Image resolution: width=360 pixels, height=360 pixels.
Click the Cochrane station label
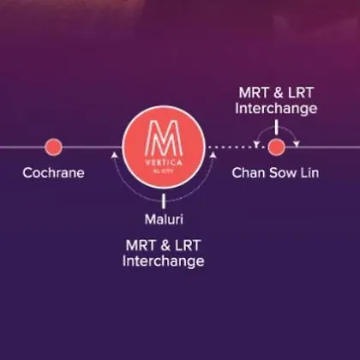point(53,173)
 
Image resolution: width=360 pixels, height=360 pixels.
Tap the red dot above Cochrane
point(53,147)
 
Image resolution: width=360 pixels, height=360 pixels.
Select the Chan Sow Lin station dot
point(276,147)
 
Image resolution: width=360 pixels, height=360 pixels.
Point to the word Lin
point(309,173)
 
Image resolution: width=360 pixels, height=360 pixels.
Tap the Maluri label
point(164,219)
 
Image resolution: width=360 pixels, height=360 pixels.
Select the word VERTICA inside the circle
point(164,163)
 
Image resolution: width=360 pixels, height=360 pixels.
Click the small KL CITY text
point(164,171)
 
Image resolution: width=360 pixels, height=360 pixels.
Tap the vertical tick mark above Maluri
point(164,201)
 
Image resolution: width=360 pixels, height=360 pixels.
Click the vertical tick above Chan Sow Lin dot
point(276,127)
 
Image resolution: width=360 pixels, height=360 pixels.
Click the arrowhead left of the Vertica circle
point(114,155)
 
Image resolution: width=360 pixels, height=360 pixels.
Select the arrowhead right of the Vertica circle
point(213,155)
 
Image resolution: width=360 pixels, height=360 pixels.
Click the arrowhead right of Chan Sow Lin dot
point(297,144)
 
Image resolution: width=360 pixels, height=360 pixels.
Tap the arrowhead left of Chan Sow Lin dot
point(256,144)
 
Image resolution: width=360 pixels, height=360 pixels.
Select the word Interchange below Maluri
point(163,261)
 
